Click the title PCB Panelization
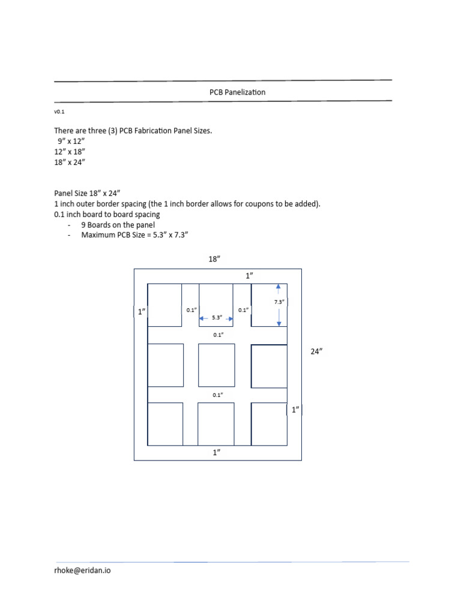[237, 92]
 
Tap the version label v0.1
[59, 112]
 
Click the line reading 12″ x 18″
[70, 152]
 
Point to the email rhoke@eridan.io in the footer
[82, 570]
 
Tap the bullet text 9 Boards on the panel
[118, 225]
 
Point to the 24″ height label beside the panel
[316, 352]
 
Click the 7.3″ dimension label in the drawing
[279, 302]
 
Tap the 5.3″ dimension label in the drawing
[217, 318]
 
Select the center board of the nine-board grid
[216, 365]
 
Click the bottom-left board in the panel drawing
[166, 424]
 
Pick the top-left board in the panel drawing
[164, 305]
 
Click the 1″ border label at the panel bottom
[217, 453]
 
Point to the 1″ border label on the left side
[142, 312]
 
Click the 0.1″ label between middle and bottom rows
[217, 395]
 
